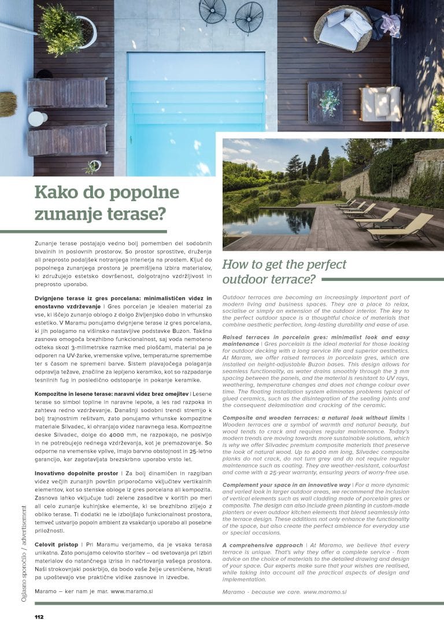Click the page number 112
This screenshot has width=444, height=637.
coord(39,617)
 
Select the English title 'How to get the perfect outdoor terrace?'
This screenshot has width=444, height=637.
coord(284,272)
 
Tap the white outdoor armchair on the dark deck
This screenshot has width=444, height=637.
coord(380,104)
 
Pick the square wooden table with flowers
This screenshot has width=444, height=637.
coord(325,102)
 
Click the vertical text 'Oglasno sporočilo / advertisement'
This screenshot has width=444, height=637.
coord(24,554)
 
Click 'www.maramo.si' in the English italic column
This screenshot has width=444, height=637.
coord(324,592)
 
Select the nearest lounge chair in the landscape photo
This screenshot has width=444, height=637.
coord(402,228)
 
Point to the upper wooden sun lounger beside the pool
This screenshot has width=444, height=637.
coord(66,92)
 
